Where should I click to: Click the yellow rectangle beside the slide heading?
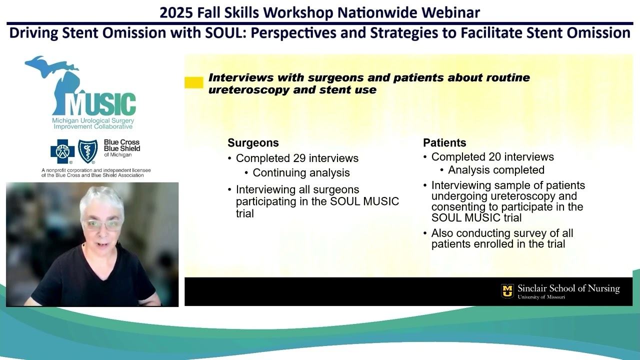pyautogui.click(x=193, y=82)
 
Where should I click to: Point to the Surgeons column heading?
pyautogui.click(x=253, y=143)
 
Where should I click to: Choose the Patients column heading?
pyautogui.click(x=444, y=143)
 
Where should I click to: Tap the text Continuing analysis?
pyautogui.click(x=301, y=173)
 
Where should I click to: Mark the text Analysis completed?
pyautogui.click(x=496, y=170)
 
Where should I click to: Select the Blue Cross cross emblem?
pyautogui.click(x=62, y=151)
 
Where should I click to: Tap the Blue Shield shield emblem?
pyautogui.click(x=88, y=151)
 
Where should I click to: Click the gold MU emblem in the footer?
pyautogui.click(x=507, y=291)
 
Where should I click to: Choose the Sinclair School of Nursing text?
pyautogui.click(x=568, y=288)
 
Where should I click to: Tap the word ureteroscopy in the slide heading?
pyautogui.click(x=239, y=90)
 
